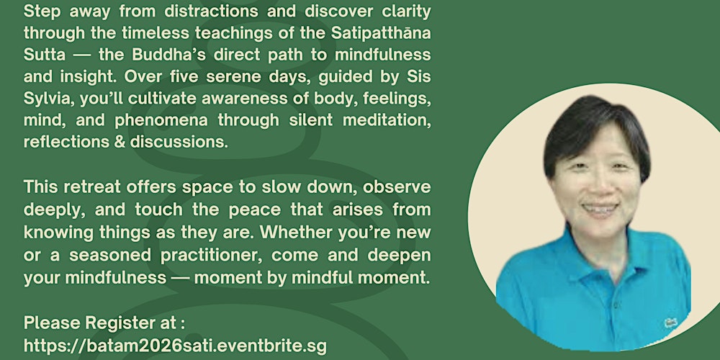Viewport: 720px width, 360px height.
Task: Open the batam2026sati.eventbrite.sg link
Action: (174, 345)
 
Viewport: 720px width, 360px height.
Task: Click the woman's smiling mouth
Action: (597, 209)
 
